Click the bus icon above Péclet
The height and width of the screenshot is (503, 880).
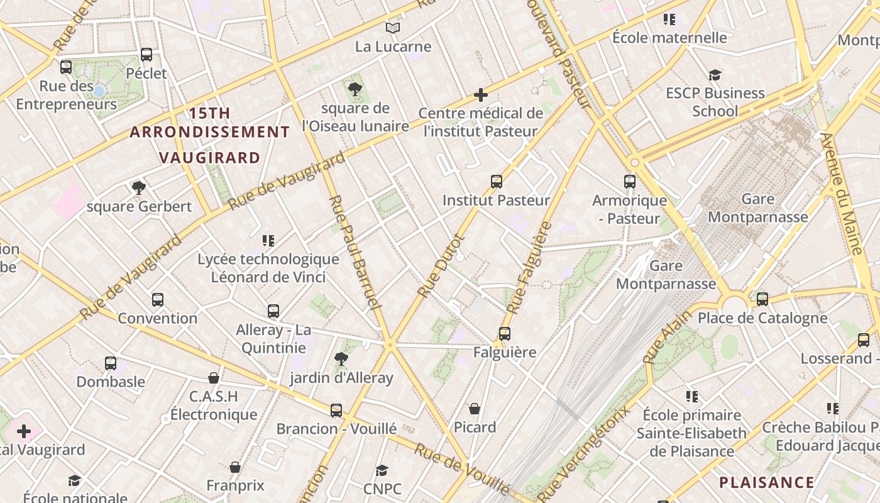(x=146, y=55)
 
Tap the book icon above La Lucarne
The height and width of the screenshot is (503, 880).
(x=393, y=28)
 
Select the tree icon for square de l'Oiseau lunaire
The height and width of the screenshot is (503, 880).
(x=355, y=89)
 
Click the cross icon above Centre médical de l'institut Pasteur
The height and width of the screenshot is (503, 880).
(x=481, y=95)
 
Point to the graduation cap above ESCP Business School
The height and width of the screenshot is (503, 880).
(x=715, y=75)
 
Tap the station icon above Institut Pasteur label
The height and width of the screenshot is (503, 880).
(x=497, y=182)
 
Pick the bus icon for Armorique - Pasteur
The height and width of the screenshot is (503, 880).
(x=630, y=182)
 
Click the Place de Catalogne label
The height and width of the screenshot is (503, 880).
(x=762, y=318)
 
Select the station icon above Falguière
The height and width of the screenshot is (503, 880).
(x=505, y=334)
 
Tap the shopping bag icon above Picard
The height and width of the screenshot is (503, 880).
(x=475, y=409)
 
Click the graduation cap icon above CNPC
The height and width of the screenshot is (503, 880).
(x=382, y=470)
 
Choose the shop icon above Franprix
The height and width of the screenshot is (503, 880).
(x=235, y=467)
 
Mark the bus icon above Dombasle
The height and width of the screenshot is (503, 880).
(x=111, y=363)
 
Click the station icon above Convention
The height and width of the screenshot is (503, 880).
(x=158, y=300)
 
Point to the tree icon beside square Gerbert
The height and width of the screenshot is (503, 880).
(x=139, y=187)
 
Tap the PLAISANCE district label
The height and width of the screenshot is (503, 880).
(x=766, y=483)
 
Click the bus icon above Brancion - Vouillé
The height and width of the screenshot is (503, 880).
(x=336, y=411)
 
